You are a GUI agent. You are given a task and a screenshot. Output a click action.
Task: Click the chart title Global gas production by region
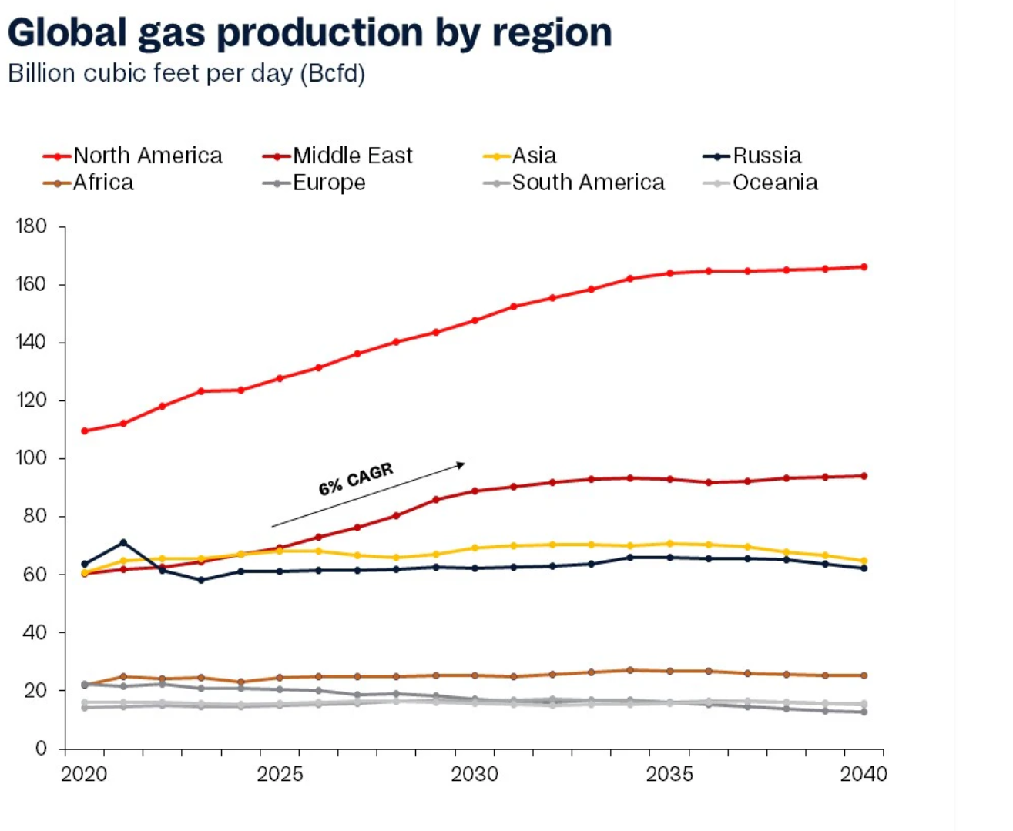310,33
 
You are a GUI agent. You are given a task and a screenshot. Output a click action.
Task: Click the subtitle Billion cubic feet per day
186,74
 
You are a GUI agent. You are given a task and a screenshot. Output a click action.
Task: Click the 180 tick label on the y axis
31,226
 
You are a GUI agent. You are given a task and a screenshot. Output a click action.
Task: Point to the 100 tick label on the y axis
31,458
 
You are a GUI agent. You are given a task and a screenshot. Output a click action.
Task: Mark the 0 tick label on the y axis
41,749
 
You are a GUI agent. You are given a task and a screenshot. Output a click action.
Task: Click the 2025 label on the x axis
280,774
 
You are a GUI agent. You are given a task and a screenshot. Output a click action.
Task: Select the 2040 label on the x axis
864,774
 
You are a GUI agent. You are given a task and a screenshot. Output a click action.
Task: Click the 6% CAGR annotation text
356,479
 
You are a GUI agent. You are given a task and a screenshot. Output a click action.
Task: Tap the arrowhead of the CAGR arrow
461,464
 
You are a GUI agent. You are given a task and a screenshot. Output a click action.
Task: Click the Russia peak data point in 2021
123,543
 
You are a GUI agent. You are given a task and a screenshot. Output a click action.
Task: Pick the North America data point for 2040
864,267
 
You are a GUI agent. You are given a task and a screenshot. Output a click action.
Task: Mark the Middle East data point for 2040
864,476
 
